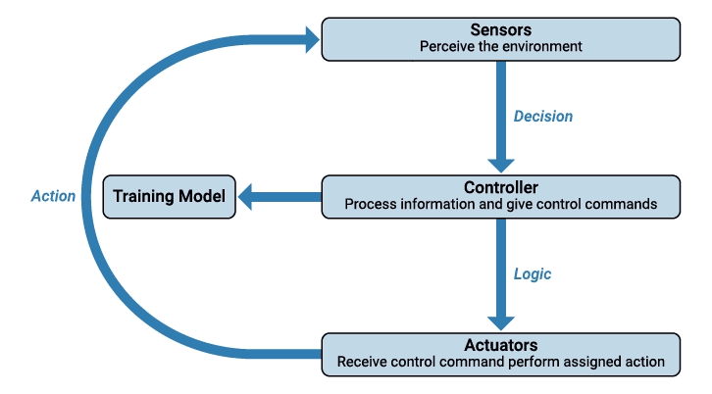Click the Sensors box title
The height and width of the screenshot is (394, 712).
(501, 30)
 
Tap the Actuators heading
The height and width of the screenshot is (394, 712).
(501, 345)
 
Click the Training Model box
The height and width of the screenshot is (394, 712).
(169, 196)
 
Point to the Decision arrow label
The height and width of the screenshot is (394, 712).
(543, 116)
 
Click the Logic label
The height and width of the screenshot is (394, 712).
(533, 274)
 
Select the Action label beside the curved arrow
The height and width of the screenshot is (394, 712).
(53, 196)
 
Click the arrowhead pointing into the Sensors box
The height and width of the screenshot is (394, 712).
(312, 39)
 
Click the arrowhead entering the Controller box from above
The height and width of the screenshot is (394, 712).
(501, 165)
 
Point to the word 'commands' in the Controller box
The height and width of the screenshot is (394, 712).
(624, 205)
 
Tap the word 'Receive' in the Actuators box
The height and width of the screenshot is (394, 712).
(362, 362)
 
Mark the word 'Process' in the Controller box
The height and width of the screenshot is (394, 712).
(369, 205)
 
